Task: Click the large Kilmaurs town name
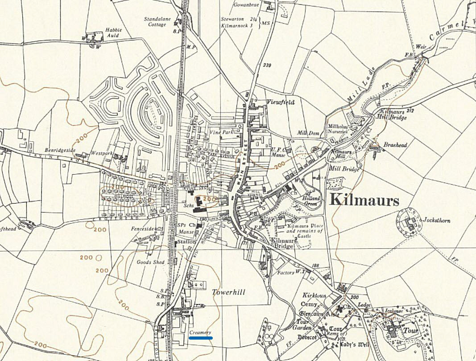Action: [364, 201]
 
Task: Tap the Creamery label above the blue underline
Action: [200, 332]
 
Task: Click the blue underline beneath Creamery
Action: [200, 338]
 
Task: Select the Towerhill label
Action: [228, 292]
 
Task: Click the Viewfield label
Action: [281, 102]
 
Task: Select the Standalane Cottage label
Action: [155, 22]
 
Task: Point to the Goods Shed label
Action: [150, 262]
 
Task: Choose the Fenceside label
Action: [142, 229]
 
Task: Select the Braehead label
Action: [394, 145]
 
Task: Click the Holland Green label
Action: [311, 201]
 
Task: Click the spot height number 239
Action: [267, 66]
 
